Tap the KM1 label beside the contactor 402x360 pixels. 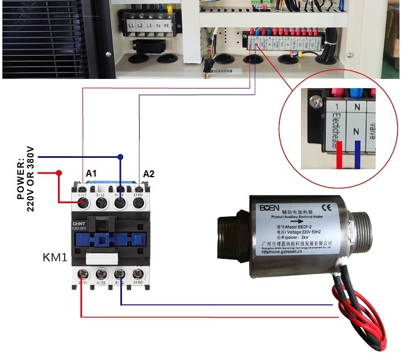coord(55,257)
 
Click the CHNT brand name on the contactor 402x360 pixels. coord(79,224)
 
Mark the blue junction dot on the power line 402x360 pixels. coord(120,157)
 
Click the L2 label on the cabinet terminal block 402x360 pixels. coord(141,27)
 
